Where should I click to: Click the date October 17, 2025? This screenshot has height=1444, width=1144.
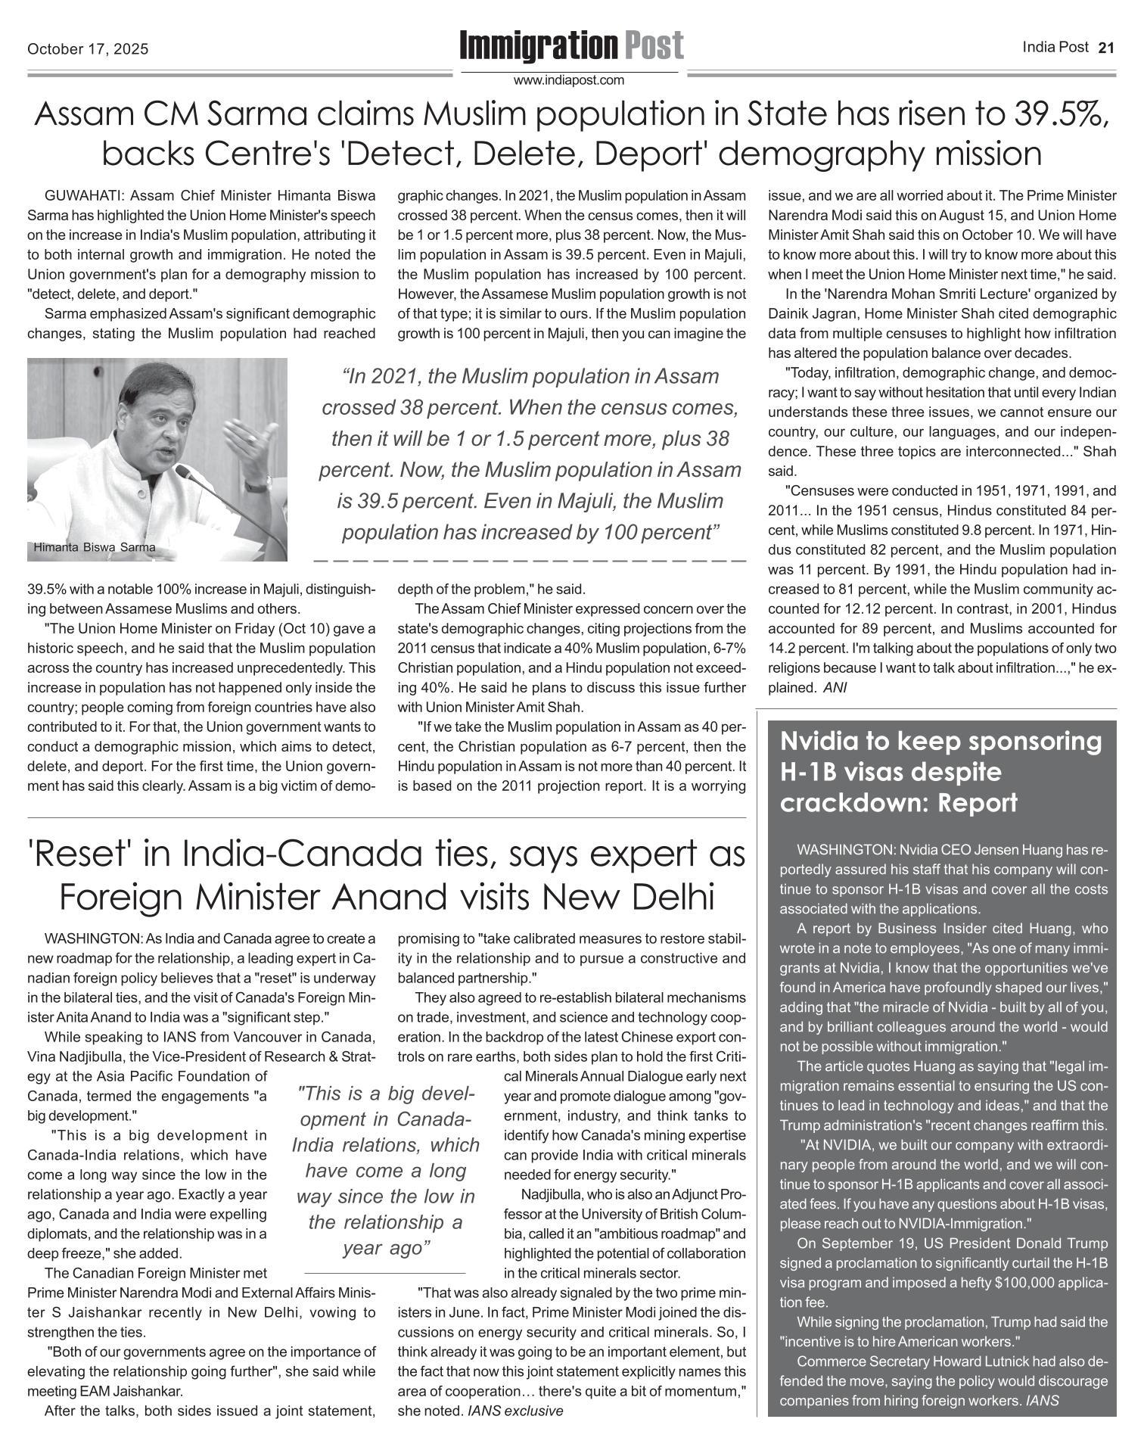pyautogui.click(x=88, y=50)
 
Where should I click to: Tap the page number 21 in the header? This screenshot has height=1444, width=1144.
pyautogui.click(x=1106, y=48)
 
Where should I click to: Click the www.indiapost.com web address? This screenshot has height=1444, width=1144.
pyautogui.click(x=569, y=79)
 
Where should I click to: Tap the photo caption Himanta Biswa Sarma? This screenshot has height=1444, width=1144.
pyautogui.click(x=95, y=547)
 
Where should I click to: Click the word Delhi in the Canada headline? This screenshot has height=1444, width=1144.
pyautogui.click(x=676, y=898)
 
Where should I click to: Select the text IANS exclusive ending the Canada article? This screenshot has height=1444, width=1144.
pyautogui.click(x=516, y=1411)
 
